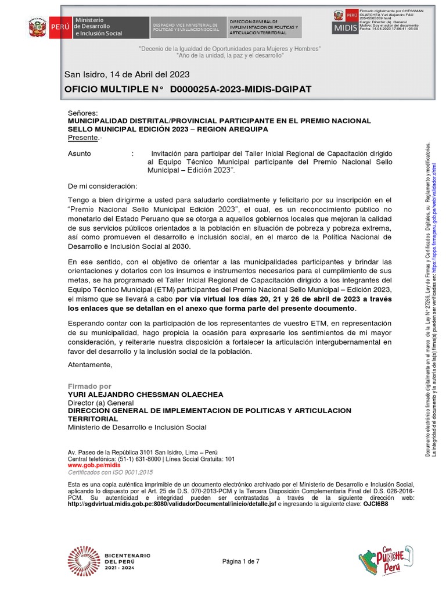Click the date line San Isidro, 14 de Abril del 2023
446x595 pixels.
[x=127, y=75]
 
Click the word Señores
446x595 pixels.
[x=83, y=113]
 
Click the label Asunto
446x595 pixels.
[x=80, y=153]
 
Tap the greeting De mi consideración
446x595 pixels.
[x=103, y=187]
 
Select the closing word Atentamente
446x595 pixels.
[x=89, y=365]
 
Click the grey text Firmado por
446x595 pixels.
[x=89, y=386]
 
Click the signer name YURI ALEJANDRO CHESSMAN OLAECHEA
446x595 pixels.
[x=145, y=395]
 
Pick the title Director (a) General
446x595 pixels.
[x=100, y=403]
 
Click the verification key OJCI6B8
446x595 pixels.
[x=376, y=504]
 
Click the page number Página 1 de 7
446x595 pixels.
[x=241, y=561]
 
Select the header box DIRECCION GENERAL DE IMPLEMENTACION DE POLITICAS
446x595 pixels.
[x=264, y=27]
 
